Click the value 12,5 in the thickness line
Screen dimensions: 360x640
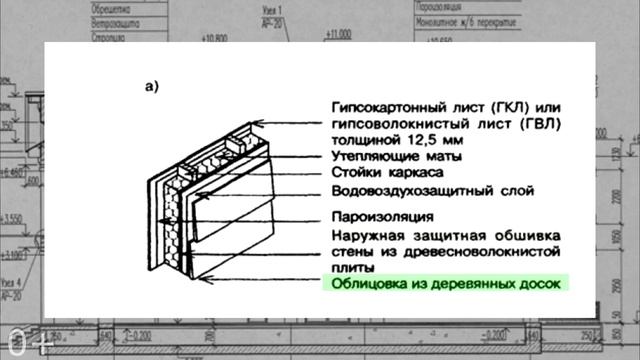[x=423, y=141]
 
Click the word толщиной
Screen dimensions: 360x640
[x=363, y=141]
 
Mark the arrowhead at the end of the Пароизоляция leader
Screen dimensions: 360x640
[x=189, y=216]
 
